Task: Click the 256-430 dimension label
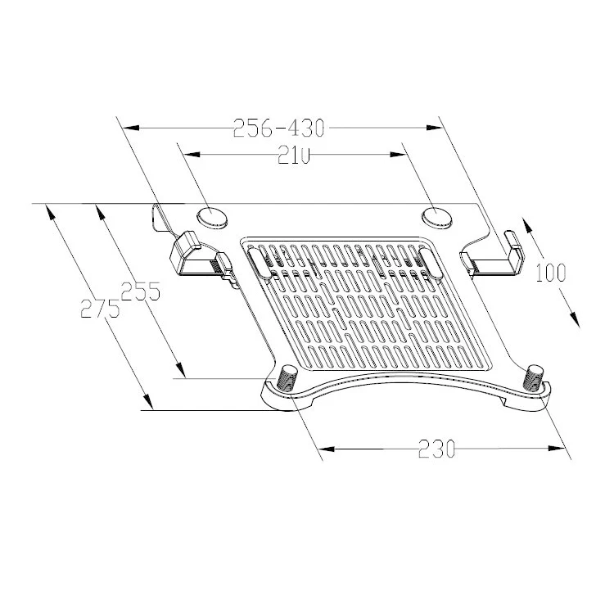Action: tap(279, 129)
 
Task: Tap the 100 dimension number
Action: tap(551, 273)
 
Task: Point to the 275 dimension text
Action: tap(99, 309)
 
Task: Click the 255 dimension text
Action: tap(140, 291)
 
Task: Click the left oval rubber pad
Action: tap(212, 215)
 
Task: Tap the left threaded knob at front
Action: tap(287, 377)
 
